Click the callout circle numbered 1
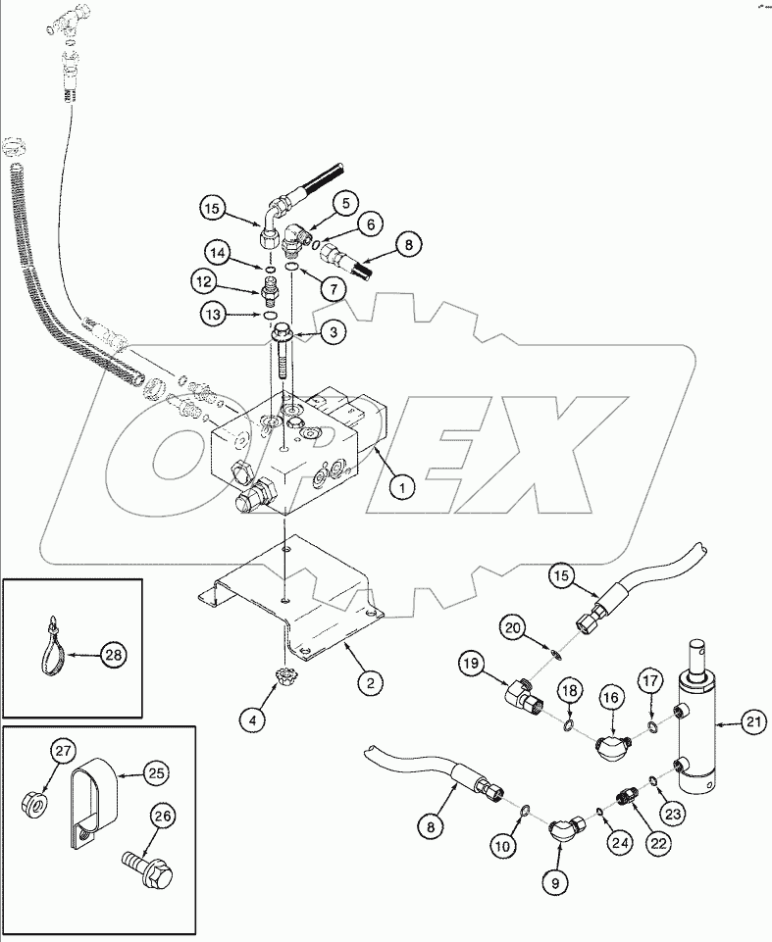point(399,483)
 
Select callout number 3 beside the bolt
point(334,333)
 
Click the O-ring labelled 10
point(526,810)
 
